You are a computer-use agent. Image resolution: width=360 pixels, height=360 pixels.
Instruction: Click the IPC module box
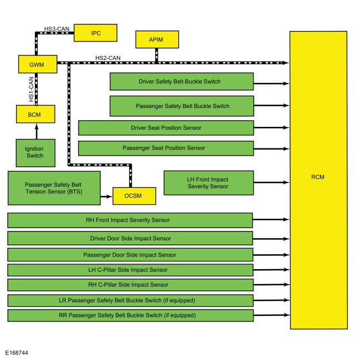[x=95, y=33]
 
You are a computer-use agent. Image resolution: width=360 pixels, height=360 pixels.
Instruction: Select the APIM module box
[x=157, y=39]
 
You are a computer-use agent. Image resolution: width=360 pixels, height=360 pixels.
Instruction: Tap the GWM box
[x=38, y=64]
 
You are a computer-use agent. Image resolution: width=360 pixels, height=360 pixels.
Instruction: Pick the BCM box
[x=35, y=114]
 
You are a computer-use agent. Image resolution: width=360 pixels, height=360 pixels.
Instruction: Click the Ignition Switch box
[x=35, y=153]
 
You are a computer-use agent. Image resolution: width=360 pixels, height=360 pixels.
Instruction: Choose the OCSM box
[x=135, y=196]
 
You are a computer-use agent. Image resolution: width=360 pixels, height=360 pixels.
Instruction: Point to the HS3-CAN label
[x=56, y=29]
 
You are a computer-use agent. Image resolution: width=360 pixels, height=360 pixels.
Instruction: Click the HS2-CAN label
[x=108, y=58]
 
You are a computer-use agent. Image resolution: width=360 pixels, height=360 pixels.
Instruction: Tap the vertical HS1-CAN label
[x=31, y=89]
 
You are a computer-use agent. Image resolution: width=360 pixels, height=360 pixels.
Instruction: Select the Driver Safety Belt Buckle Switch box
[x=182, y=81]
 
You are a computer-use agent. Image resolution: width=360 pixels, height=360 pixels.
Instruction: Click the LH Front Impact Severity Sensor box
[x=209, y=183]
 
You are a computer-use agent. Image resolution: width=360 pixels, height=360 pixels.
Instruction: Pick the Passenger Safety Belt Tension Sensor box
[x=54, y=188]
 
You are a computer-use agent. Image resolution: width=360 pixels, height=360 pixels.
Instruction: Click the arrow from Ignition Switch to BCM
[x=37, y=131]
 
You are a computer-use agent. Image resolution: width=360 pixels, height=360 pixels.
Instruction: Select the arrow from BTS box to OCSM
[x=106, y=197]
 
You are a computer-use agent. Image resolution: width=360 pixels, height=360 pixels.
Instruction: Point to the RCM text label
[x=318, y=177]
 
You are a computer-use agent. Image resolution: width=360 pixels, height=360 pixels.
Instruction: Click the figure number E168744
[x=17, y=353]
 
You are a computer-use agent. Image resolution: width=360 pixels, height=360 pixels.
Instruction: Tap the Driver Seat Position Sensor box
[x=166, y=128]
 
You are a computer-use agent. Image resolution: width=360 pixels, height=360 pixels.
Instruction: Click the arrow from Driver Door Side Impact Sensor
[x=271, y=239]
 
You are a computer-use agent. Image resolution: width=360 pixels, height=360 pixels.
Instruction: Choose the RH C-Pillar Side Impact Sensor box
[x=130, y=285]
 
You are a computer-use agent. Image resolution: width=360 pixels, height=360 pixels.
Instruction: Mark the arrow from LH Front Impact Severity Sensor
[x=271, y=183]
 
